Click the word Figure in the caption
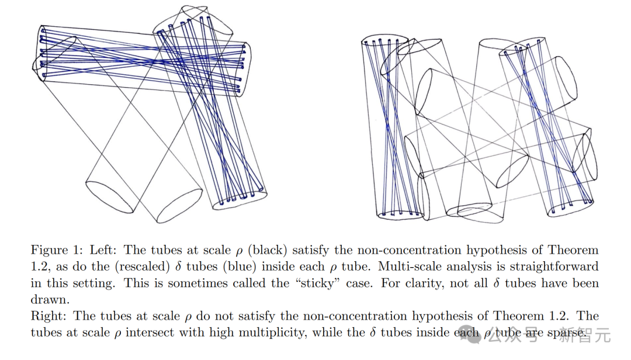click(49, 250)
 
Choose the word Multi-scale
click(411, 266)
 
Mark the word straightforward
click(552, 266)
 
